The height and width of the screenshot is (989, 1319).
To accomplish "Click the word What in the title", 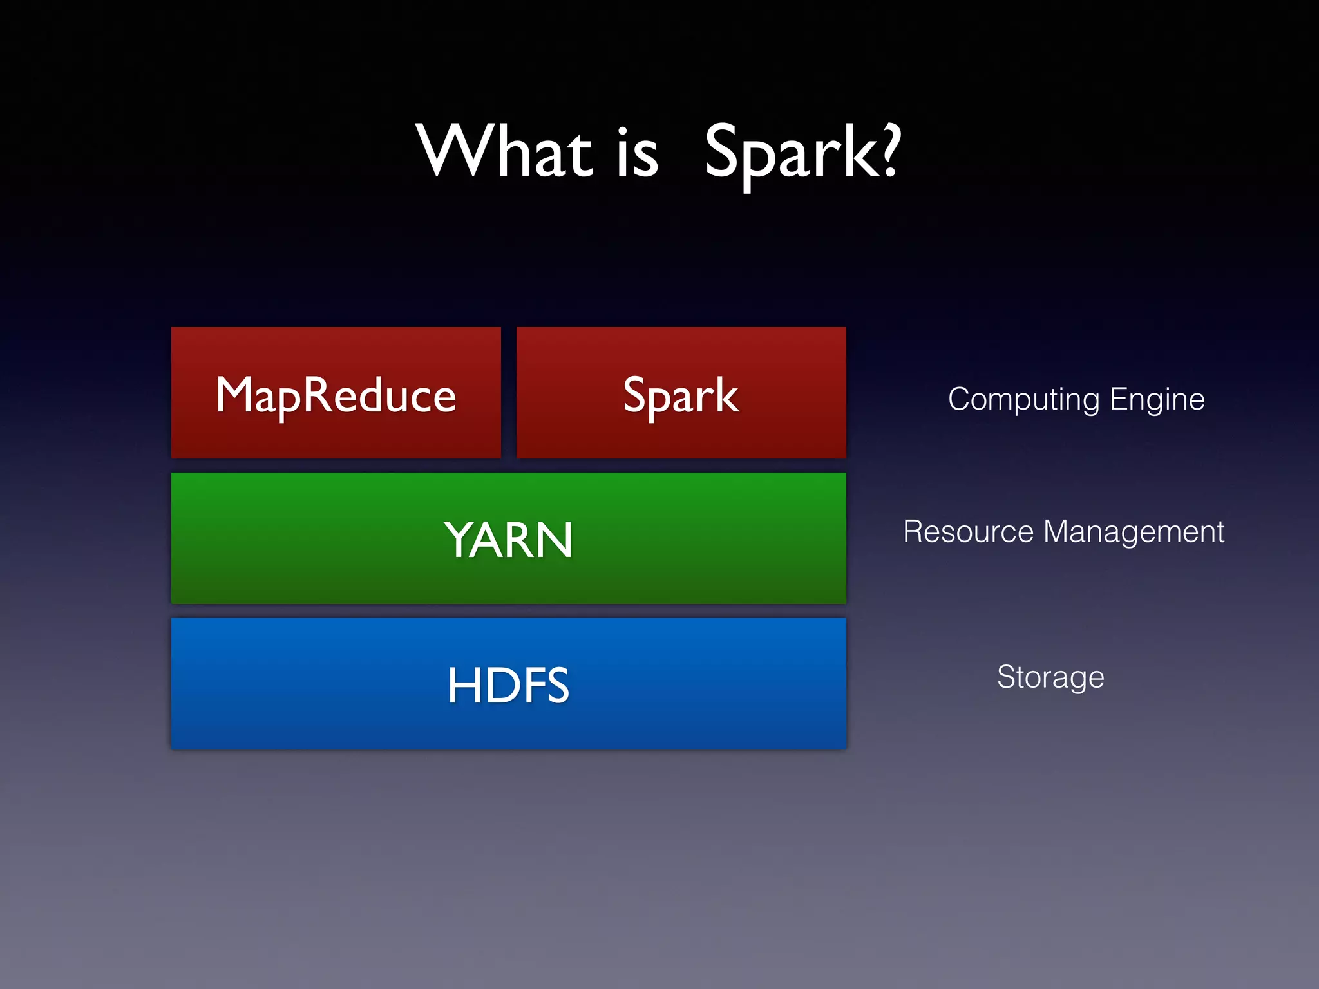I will pyautogui.click(x=504, y=152).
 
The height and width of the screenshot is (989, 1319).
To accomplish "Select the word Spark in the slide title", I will pyautogui.click(x=788, y=153).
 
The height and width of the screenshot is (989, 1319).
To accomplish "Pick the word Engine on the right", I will pyautogui.click(x=1157, y=400).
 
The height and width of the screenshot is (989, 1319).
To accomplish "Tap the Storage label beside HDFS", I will pyautogui.click(x=1050, y=677).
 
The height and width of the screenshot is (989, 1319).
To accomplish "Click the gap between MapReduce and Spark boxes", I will pyautogui.click(x=508, y=393).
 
